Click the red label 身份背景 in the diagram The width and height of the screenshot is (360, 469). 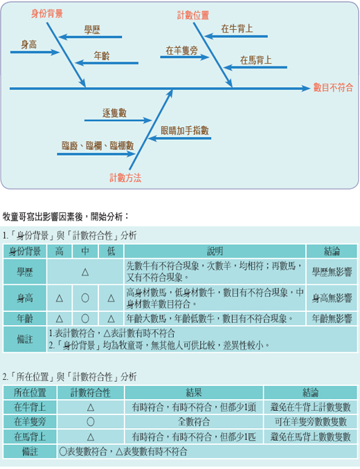point(47,13)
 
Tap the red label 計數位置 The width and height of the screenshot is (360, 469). point(192,15)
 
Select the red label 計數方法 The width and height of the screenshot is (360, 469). point(125,178)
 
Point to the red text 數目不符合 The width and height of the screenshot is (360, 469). point(333,87)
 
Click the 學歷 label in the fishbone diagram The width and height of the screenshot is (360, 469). point(92,30)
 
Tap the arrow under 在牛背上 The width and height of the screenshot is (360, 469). point(236,37)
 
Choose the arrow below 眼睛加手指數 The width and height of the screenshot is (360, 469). point(179,138)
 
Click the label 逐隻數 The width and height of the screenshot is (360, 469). point(114,113)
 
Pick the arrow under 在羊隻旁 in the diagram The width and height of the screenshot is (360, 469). point(185,57)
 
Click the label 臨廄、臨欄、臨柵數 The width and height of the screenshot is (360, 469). point(98,146)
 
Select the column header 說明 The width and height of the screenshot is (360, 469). point(215,251)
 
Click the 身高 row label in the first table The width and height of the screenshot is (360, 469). point(25,298)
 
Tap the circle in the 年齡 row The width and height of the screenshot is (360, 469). point(85,319)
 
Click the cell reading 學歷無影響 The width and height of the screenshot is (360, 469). point(332,272)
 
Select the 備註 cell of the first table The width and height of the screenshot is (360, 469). point(25,339)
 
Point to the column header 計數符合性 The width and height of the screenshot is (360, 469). point(91,392)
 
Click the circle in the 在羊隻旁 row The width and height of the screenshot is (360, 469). point(91,422)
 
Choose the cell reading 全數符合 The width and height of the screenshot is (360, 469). point(194,422)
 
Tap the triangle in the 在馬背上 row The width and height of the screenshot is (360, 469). point(91,437)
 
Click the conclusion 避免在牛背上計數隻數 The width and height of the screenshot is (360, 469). point(310,407)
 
